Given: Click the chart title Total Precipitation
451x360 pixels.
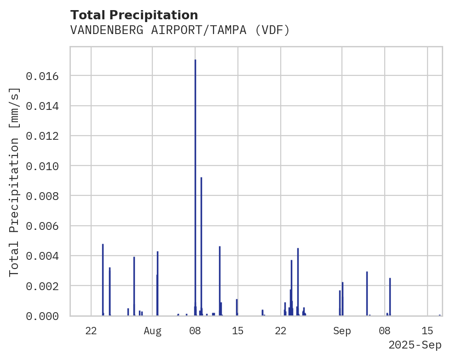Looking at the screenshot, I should click(x=134, y=15).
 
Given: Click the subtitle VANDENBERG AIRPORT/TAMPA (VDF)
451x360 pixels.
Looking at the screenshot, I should click(x=180, y=30).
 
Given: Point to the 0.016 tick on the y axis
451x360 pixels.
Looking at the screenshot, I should click(x=42, y=76).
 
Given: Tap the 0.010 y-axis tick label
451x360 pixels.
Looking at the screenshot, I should click(x=42, y=166).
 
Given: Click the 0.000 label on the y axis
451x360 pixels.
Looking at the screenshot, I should click(x=42, y=316).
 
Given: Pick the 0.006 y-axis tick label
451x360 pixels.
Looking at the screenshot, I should click(x=42, y=226).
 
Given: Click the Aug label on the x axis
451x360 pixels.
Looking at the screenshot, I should click(x=152, y=331).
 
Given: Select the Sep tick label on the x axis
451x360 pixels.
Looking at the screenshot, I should click(x=342, y=331).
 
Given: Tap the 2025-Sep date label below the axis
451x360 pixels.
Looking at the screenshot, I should click(x=415, y=345).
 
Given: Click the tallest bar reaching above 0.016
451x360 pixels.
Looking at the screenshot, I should click(x=195, y=184).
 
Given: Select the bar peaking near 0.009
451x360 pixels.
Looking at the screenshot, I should click(x=201, y=244).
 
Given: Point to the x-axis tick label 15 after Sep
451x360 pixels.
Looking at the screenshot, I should click(x=428, y=331).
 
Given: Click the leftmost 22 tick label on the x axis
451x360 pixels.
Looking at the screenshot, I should click(x=91, y=331).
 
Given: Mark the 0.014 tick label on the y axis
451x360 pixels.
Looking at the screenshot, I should click(x=42, y=106).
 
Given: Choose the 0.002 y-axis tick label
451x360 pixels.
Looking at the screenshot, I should click(x=42, y=286).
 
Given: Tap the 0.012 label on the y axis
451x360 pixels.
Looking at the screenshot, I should click(x=42, y=136).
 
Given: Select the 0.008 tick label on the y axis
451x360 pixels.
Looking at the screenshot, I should click(x=42, y=196).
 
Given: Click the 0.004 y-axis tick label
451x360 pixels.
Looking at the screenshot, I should click(x=42, y=256).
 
